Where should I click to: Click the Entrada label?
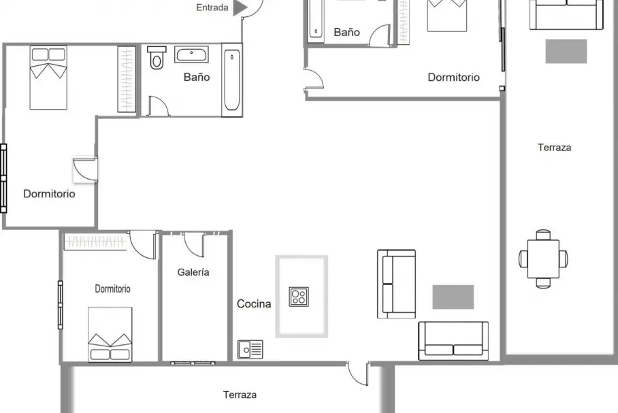pos(212,7)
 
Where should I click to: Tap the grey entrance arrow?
pos(240,7)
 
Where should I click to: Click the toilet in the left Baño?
pos(157,58)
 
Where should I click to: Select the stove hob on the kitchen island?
pos(299,297)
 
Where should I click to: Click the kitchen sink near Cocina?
pos(250,349)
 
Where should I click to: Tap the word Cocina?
pos(254,304)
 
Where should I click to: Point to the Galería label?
pos(193,272)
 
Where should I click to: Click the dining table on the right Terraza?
pos(543,259)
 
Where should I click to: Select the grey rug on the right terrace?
pos(566,51)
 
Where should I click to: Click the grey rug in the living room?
pos(453,297)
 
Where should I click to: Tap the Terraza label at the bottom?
pos(240,395)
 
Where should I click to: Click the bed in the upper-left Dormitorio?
pos(48,78)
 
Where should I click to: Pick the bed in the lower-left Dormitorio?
pos(110,334)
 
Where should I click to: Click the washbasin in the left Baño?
pos(191,54)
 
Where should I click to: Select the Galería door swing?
pos(194,244)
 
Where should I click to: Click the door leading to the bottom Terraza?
pos(357,374)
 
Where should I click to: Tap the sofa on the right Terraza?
pos(566,14)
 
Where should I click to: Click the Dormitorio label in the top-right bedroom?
pos(454,78)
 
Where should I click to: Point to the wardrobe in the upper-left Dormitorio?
pos(127,79)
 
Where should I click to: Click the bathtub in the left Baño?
pos(231,80)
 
